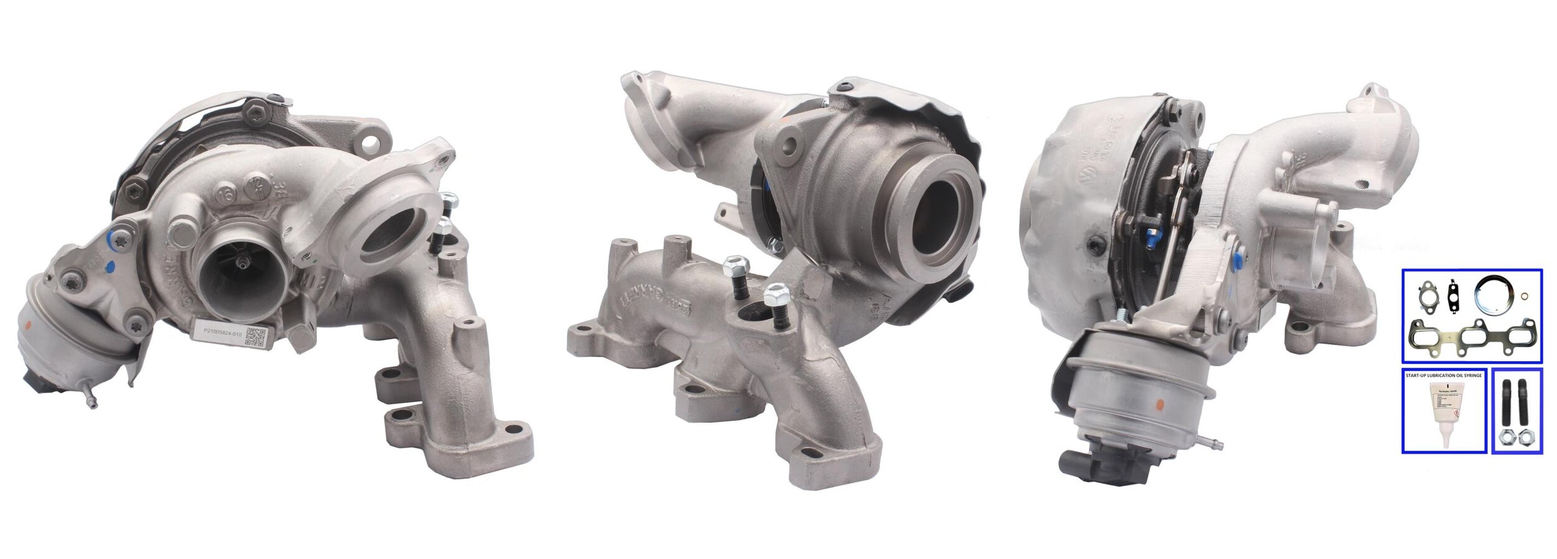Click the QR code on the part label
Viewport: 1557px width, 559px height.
tap(256, 337)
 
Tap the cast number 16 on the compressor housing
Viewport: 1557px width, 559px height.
tap(225, 194)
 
